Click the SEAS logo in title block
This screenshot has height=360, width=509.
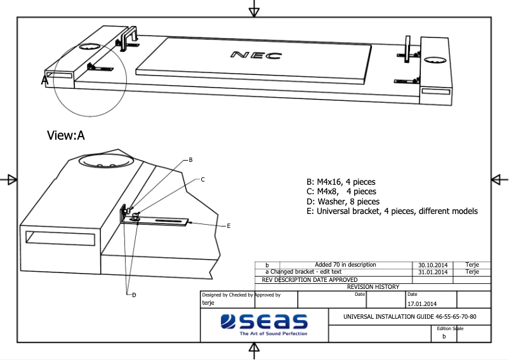264,322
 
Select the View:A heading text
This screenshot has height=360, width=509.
66,135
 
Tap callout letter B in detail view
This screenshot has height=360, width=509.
190,160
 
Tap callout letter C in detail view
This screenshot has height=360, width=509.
202,180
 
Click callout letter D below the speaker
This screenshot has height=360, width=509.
134,294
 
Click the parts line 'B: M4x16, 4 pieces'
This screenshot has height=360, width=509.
341,182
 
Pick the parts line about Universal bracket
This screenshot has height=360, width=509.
391,211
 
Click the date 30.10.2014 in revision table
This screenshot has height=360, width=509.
433,265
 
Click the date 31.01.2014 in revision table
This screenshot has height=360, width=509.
433,272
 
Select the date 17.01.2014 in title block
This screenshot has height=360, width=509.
421,303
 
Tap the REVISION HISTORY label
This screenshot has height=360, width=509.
373,287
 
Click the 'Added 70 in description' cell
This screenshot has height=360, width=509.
345,265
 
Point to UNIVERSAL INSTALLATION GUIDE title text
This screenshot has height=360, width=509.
409,316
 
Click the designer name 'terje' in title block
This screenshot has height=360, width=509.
208,303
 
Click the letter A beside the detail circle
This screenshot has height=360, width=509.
45,81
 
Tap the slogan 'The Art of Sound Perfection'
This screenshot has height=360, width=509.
273,333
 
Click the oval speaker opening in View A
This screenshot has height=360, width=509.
106,161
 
